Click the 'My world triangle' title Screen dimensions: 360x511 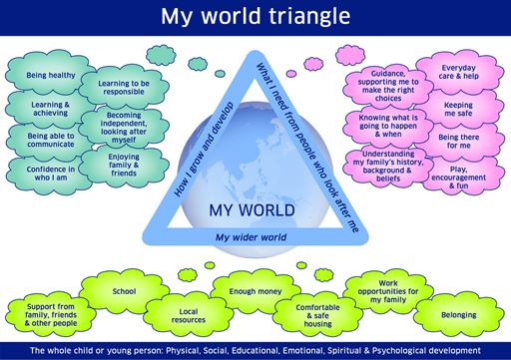[255, 17]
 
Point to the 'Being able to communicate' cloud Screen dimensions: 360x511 [50, 142]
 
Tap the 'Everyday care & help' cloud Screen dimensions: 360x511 [457, 73]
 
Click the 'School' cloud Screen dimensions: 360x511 [124, 291]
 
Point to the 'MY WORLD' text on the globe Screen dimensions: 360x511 [252, 210]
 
